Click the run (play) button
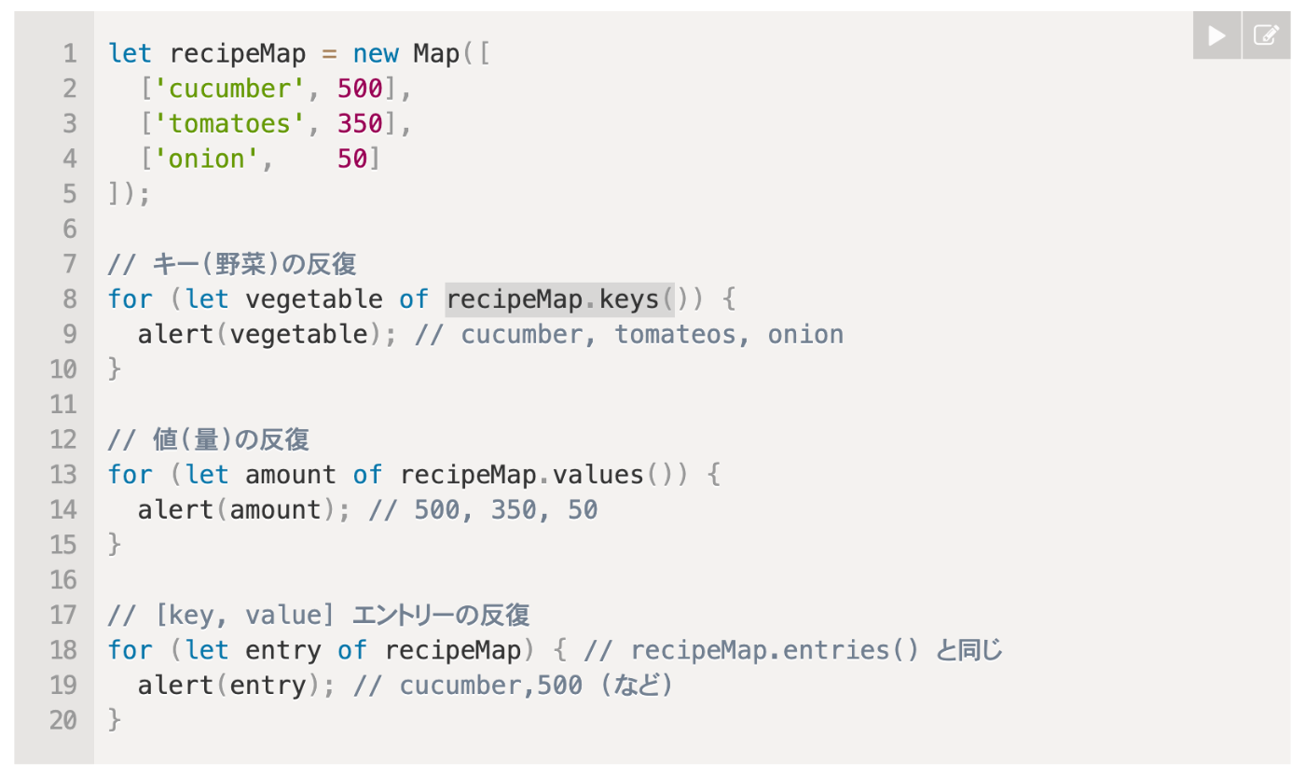pos(1216,35)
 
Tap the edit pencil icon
pos(1266,35)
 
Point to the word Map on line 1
pos(436,53)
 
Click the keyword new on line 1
pos(376,53)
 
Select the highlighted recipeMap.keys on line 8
pos(559,299)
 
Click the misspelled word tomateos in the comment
pos(674,335)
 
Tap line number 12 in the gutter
pos(63,439)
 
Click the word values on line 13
pos(598,475)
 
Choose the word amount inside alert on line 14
pos(275,510)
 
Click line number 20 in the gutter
pos(63,721)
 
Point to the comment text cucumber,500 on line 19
pos(490,686)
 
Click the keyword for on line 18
pos(130,650)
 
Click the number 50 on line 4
pos(352,160)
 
